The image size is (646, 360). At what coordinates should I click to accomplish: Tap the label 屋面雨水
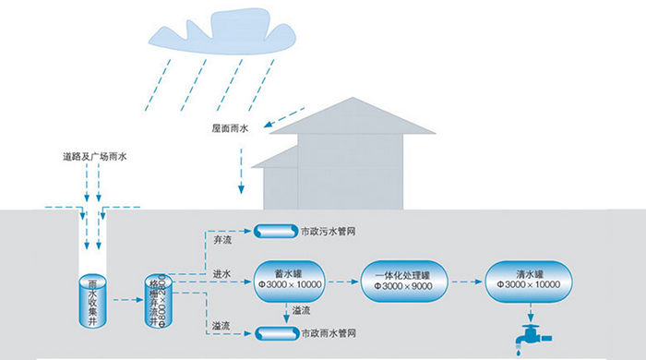tap(232, 127)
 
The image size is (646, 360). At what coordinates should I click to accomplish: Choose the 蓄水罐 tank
tap(287, 277)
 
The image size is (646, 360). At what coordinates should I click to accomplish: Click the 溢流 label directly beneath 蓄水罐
tap(300, 311)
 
